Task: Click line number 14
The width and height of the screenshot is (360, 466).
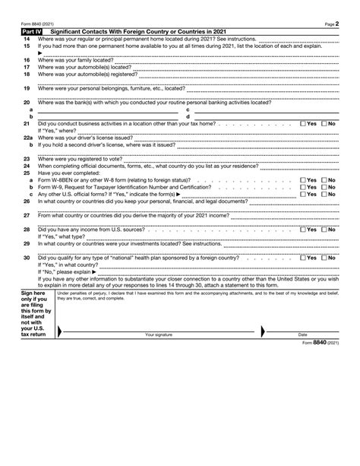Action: tap(27, 39)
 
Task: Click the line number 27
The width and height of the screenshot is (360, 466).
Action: tap(27, 215)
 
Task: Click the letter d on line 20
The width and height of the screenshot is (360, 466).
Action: tap(188, 116)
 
